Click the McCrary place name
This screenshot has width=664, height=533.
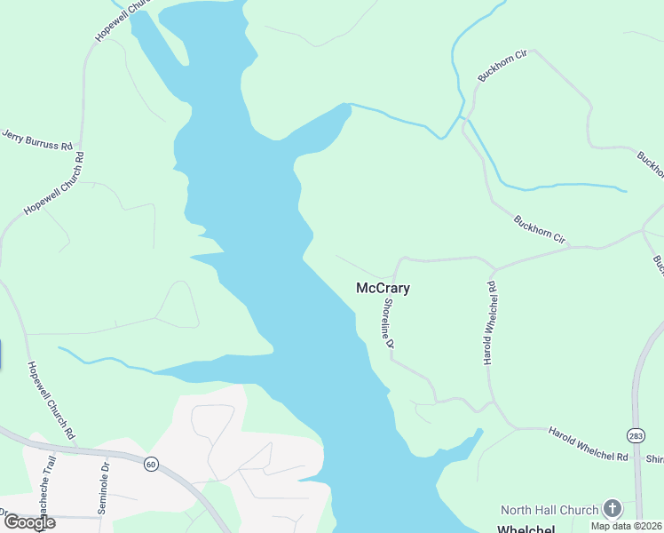coord(383,289)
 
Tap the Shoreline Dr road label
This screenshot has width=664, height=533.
coord(389,322)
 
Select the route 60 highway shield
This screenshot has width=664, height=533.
coord(151,464)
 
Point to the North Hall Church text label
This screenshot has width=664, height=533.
coord(549,510)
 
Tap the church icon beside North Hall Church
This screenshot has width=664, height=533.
coord(613,509)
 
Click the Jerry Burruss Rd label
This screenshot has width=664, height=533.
coord(36,139)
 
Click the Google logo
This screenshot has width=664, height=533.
coord(28,521)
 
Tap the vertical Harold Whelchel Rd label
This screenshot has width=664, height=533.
coord(488,323)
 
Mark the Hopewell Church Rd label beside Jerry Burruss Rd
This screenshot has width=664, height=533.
coord(54,183)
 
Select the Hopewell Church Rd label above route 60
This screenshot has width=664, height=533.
coord(50,401)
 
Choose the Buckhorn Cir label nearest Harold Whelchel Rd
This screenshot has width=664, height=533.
coord(540,228)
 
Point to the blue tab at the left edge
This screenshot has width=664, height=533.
coord(1,354)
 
